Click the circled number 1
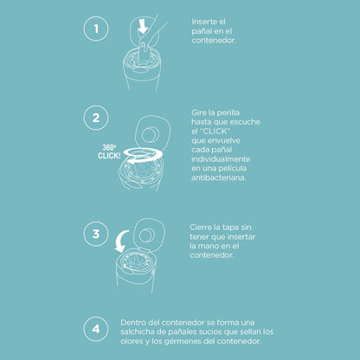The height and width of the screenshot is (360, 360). tap(96, 29)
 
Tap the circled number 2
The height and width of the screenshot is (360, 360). tap(96, 118)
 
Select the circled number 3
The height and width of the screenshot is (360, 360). tap(96, 234)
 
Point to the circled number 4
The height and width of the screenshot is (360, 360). tap(96, 329)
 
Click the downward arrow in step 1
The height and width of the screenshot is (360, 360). tap(143, 27)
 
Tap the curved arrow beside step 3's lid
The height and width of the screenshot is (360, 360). tap(120, 241)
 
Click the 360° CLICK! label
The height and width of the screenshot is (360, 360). tap(109, 151)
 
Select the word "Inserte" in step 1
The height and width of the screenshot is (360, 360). tap(204, 22)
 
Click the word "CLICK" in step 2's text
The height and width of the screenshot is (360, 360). tap(215, 132)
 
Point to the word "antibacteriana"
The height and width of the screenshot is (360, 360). tap(219, 177)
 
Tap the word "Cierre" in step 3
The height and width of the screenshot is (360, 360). tap(201, 228)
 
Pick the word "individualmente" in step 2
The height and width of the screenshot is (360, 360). tap(221, 159)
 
